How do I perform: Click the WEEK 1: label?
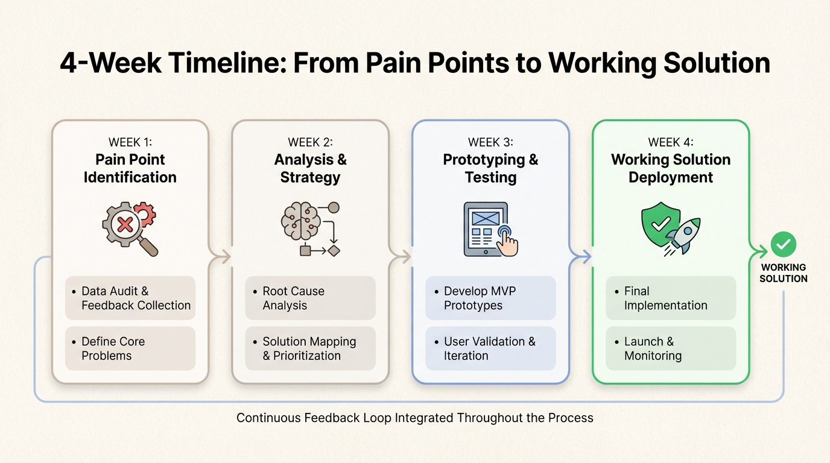click(x=130, y=142)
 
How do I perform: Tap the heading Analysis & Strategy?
click(x=310, y=168)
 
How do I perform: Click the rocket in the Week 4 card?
click(x=683, y=236)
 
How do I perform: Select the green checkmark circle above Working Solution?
click(x=783, y=244)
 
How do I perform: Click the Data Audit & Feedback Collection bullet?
click(x=130, y=298)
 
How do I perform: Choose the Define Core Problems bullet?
click(x=130, y=348)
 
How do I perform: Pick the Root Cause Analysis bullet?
click(x=310, y=298)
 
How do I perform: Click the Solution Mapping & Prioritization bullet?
click(x=310, y=348)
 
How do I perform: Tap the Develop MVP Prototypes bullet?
click(x=490, y=298)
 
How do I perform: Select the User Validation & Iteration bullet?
click(x=490, y=348)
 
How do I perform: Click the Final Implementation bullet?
click(x=671, y=298)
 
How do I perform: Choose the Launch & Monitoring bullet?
click(x=671, y=348)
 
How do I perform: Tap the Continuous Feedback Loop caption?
click(x=415, y=418)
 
